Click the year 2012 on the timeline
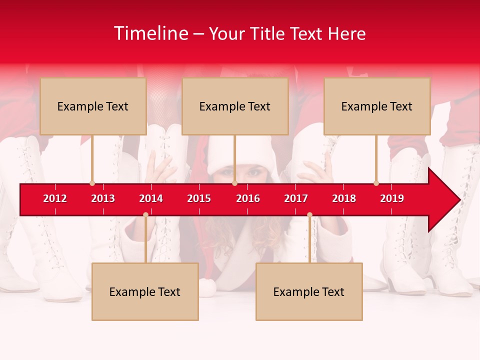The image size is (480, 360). tap(55, 198)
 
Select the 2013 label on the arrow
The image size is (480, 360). tap(103, 198)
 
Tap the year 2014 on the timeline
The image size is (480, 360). tap(151, 198)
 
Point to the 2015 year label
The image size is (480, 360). tap(199, 198)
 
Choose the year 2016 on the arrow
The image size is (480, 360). tap(248, 198)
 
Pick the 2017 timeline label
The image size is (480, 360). tap(296, 198)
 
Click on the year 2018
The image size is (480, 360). tap(344, 198)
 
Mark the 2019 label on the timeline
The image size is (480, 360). tap(392, 198)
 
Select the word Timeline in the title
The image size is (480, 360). tap(150, 33)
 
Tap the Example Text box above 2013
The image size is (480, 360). tap(93, 106)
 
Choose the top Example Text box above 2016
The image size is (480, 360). tap(235, 106)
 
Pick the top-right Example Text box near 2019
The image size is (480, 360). tap(377, 106)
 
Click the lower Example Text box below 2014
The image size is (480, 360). tap(145, 291)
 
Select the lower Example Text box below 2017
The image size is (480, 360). tap(309, 291)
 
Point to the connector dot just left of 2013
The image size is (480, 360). tap(92, 183)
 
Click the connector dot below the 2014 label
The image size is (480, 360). tap(145, 215)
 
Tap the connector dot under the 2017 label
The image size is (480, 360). tap(309, 215)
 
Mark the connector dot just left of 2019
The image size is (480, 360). tap(376, 183)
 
